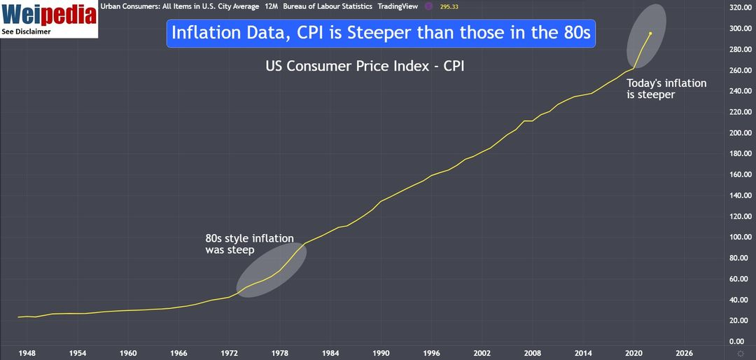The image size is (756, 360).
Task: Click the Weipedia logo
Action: click(48, 14)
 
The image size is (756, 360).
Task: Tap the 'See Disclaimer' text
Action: click(26, 32)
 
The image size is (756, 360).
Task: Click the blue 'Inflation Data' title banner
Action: click(381, 34)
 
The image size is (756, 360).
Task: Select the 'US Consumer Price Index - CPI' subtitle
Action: click(365, 67)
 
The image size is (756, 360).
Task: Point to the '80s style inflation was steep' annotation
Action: click(249, 244)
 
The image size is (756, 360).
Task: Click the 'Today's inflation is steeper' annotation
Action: click(666, 88)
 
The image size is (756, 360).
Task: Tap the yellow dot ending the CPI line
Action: click(650, 33)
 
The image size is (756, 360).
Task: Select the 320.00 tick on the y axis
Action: click(740, 8)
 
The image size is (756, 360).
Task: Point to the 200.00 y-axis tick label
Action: click(740, 133)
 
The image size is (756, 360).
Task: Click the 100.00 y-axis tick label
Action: click(740, 237)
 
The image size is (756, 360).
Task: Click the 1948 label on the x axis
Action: click(27, 352)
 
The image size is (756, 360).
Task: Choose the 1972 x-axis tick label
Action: click(230, 352)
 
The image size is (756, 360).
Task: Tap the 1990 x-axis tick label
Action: click(381, 352)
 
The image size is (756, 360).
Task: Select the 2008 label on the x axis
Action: click(533, 352)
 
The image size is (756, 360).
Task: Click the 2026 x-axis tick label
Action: click(684, 352)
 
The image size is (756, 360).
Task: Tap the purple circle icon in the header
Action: click(428, 6)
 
